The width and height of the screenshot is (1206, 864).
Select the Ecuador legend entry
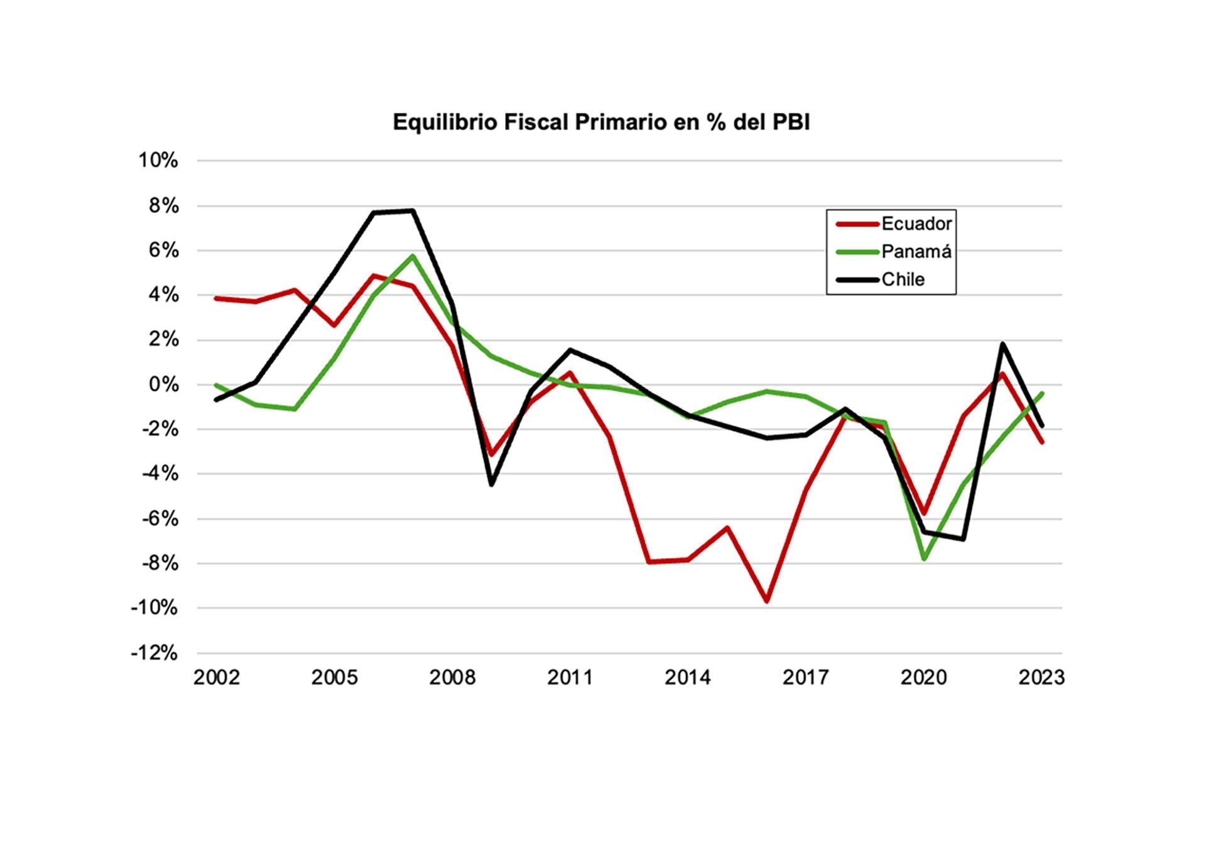click(x=916, y=224)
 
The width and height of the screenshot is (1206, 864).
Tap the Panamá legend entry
click(x=916, y=251)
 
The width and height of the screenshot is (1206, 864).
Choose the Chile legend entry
click(x=903, y=279)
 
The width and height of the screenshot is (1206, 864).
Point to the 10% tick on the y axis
click(x=158, y=161)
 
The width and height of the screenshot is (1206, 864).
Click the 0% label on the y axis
click(x=163, y=385)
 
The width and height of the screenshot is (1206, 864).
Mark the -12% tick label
click(x=155, y=653)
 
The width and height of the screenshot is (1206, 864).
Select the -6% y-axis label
click(x=159, y=519)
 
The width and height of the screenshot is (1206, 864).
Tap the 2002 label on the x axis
click(x=217, y=678)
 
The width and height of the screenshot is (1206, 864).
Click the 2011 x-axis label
click(x=570, y=678)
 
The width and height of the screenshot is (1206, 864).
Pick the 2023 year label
click(x=1041, y=678)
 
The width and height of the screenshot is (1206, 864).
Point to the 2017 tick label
click(x=806, y=678)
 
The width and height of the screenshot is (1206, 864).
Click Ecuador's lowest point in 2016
click(x=767, y=601)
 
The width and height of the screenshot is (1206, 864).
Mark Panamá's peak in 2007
click(x=413, y=256)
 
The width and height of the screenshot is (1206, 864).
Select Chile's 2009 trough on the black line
click(x=491, y=484)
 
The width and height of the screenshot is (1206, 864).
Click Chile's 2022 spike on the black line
click(x=1002, y=343)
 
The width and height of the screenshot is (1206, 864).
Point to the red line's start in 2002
click(x=217, y=298)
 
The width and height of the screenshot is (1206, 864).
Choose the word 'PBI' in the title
click(x=790, y=122)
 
